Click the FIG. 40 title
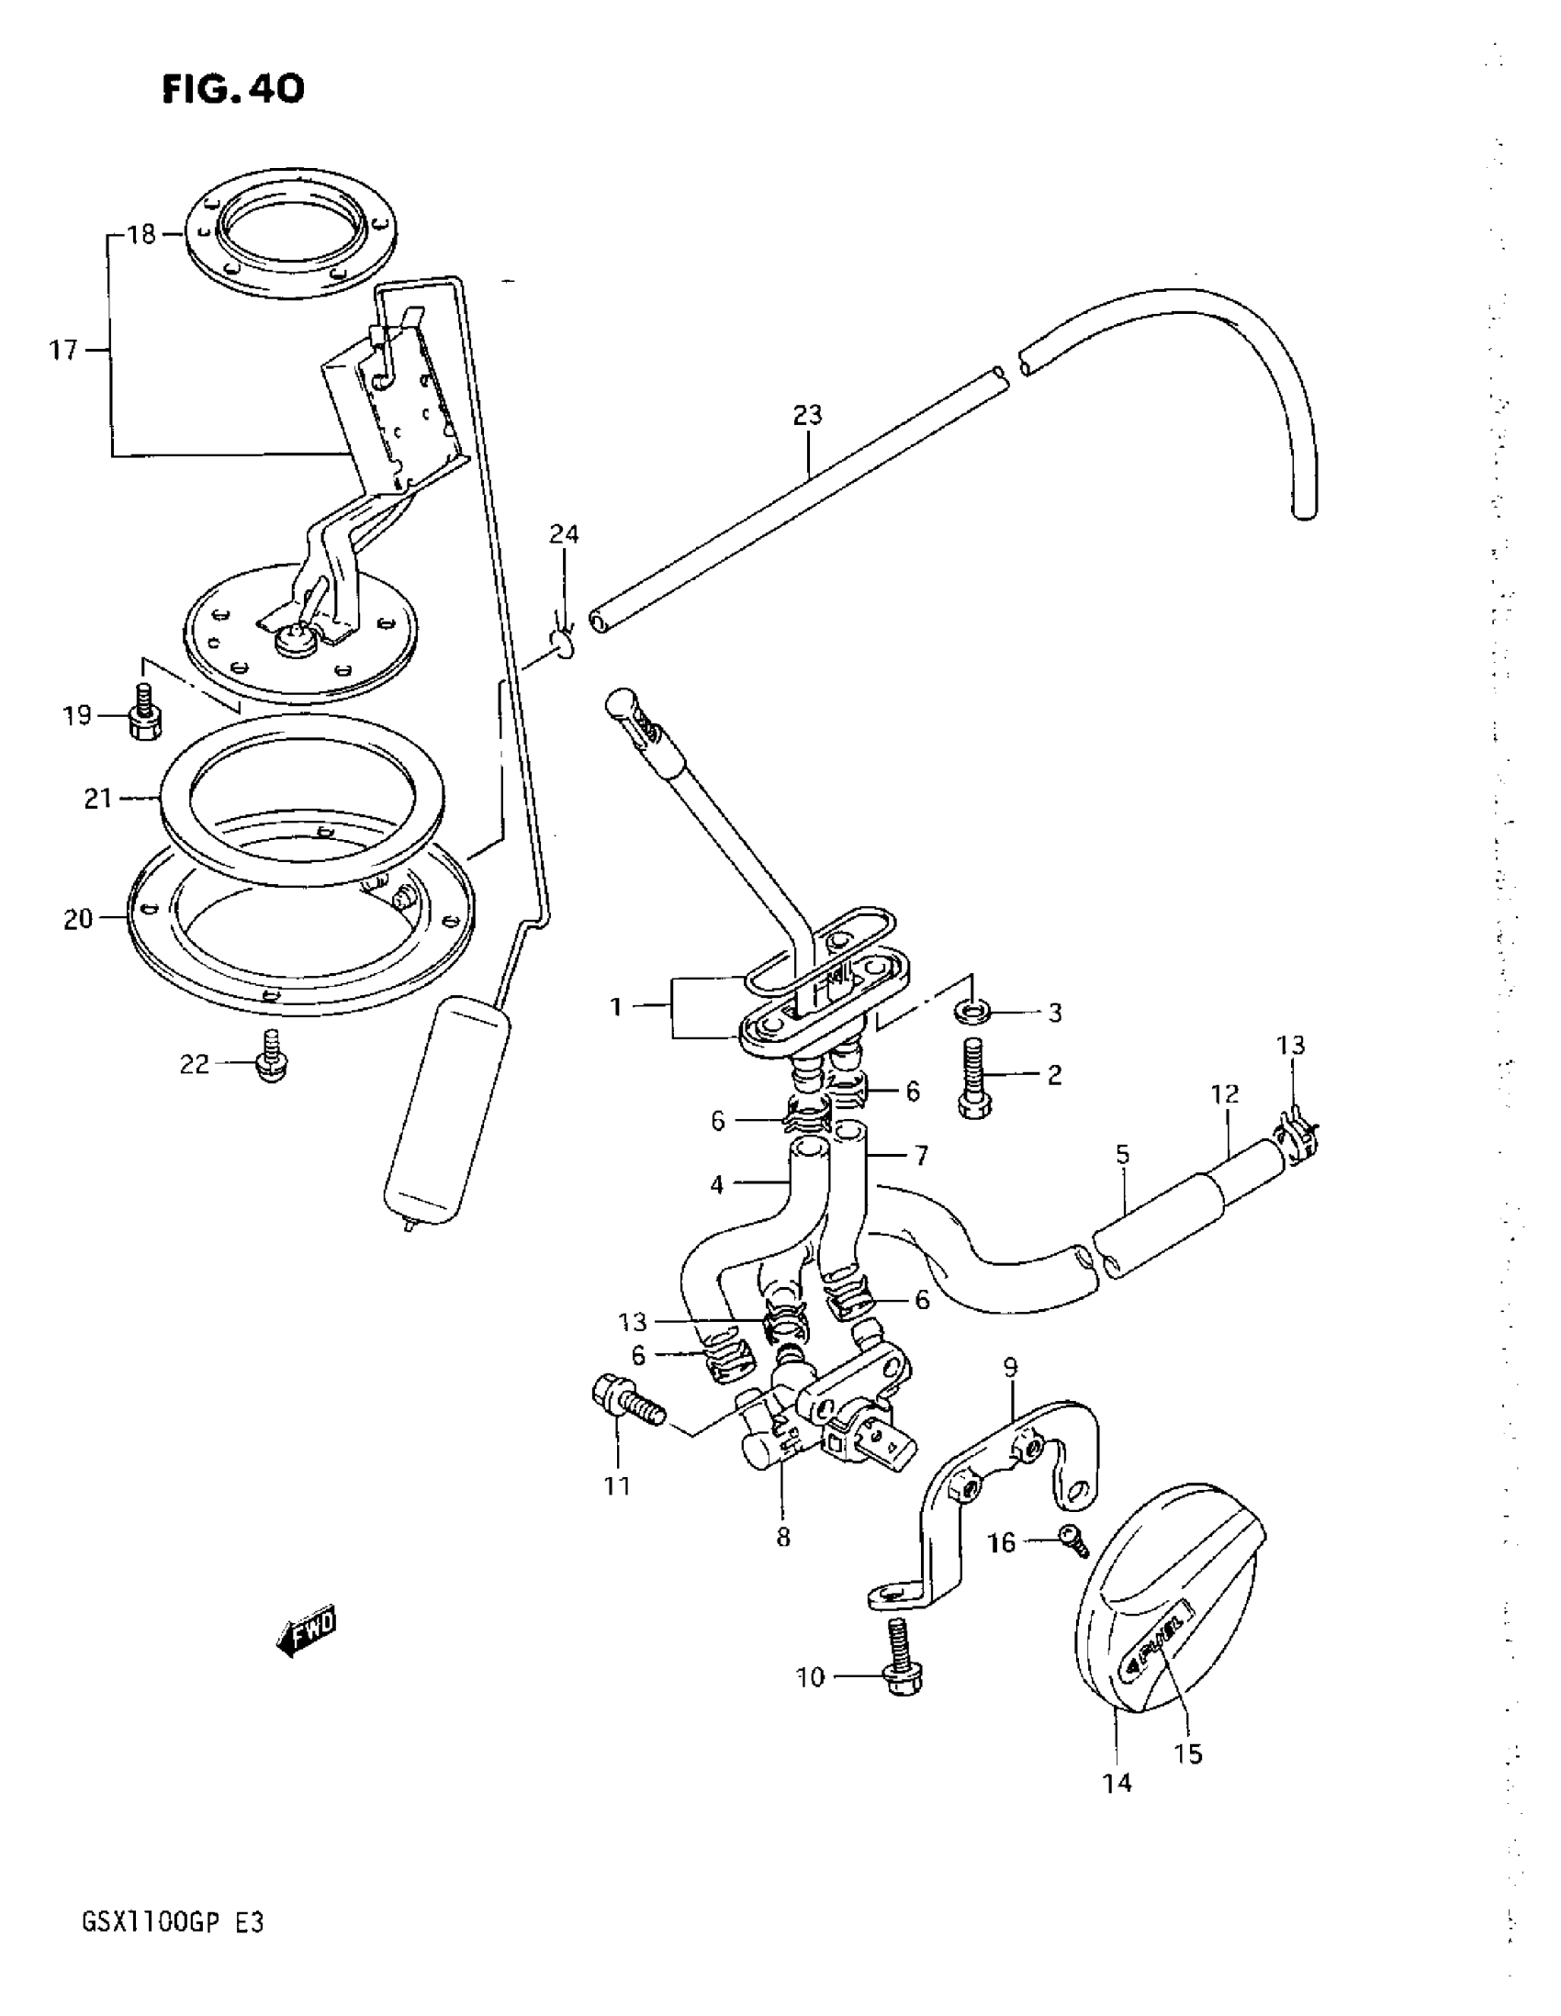pos(232,90)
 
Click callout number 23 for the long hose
pos(807,415)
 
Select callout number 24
pos(564,533)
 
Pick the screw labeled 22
pos(272,1058)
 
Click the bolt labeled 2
pos(976,1079)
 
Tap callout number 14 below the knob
pos(1117,1784)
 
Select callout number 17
pos(63,351)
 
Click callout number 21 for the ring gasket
pos(98,799)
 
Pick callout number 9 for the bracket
pos(1010,1367)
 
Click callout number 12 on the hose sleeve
pos(1225,1096)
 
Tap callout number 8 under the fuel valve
pos(783,1537)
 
